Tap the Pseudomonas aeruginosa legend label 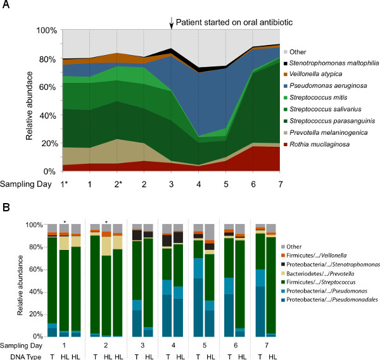tap(330, 85)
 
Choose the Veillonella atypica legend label tap(319, 73)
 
